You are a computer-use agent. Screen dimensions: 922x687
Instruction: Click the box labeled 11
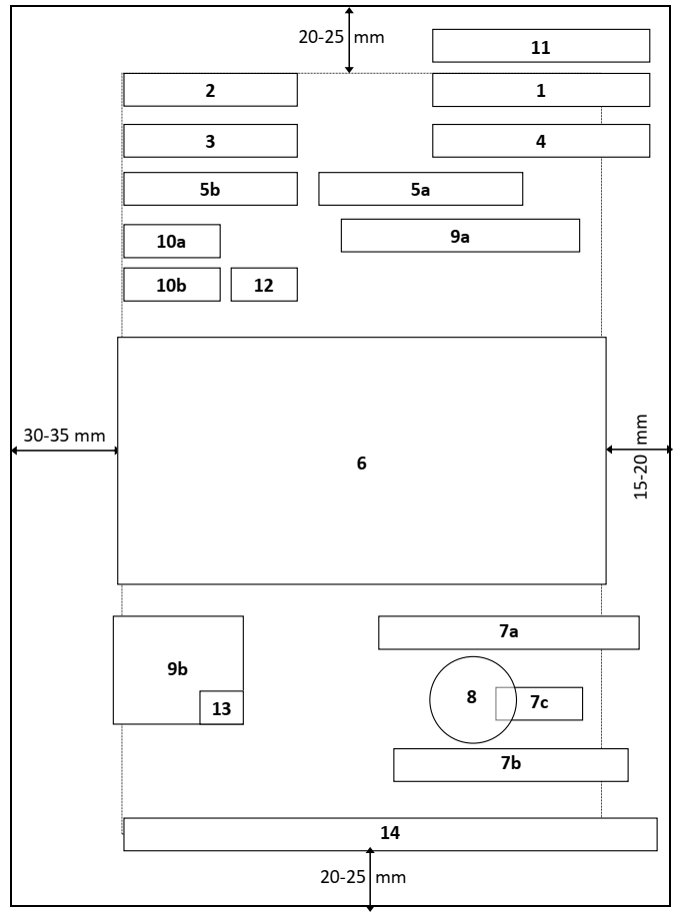pyautogui.click(x=541, y=46)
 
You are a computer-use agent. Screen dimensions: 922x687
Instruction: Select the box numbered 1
pyautogui.click(x=541, y=90)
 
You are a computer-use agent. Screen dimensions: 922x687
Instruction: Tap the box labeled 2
pyautogui.click(x=210, y=90)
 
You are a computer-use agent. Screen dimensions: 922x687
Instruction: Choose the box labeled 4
pyautogui.click(x=541, y=141)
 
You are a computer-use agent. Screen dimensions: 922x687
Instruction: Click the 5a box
pyautogui.click(x=420, y=189)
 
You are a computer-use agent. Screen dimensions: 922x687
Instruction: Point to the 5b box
pyautogui.click(x=210, y=189)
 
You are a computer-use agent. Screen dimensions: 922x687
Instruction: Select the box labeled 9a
pyautogui.click(x=460, y=236)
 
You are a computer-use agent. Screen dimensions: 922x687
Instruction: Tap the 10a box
pyautogui.click(x=171, y=242)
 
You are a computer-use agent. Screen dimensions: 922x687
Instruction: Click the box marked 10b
pyautogui.click(x=171, y=285)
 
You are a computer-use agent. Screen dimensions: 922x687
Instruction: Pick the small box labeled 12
pyautogui.click(x=264, y=285)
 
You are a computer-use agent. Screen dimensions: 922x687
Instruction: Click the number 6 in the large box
pyautogui.click(x=362, y=463)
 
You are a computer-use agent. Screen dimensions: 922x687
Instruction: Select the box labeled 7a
pyautogui.click(x=508, y=632)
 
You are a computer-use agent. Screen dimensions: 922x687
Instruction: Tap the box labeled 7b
pyautogui.click(x=510, y=764)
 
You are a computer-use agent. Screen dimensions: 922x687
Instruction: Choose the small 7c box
pyautogui.click(x=540, y=703)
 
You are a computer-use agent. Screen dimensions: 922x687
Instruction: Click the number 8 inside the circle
pyautogui.click(x=472, y=697)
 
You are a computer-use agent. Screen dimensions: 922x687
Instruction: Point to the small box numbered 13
pyautogui.click(x=221, y=707)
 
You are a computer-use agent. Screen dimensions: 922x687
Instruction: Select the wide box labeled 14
pyautogui.click(x=390, y=834)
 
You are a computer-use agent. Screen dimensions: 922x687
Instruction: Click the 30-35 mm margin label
pyautogui.click(x=60, y=437)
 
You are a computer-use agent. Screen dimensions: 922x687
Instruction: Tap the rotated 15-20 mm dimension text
pyautogui.click(x=641, y=458)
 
